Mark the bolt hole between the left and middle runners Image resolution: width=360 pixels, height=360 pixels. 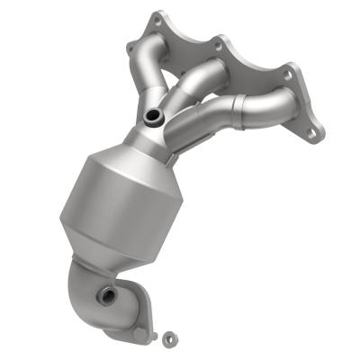tap(218, 39)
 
